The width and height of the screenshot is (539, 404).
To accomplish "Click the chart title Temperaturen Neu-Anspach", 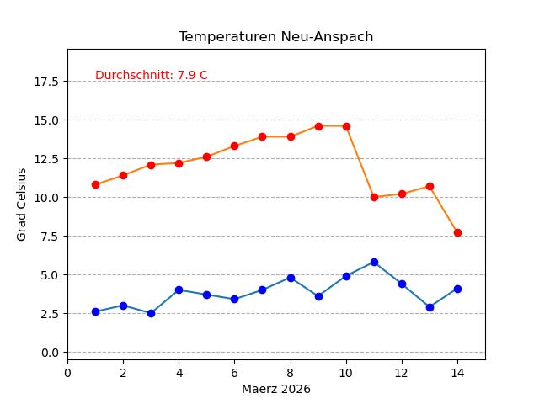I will tap(275, 37).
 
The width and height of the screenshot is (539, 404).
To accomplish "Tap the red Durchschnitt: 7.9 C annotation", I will tap(151, 76).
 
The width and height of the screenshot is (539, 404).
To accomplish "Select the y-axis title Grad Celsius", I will tap(22, 205).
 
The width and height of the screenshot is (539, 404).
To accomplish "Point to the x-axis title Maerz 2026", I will tap(275, 389).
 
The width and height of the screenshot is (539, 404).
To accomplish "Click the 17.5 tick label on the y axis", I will tap(46, 82).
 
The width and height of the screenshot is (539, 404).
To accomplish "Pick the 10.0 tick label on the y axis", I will tap(46, 198).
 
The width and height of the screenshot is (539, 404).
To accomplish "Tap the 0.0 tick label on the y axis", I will tap(50, 353).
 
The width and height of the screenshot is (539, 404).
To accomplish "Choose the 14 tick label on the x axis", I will tap(457, 372).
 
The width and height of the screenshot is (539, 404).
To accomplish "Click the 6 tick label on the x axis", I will tap(234, 372).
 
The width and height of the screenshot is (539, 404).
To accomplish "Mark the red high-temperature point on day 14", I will tap(457, 232).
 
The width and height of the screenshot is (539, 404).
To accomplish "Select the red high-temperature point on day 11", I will tap(374, 197).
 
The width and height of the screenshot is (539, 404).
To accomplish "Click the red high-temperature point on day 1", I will tap(95, 184).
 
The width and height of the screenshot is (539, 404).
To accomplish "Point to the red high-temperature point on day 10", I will tap(346, 126).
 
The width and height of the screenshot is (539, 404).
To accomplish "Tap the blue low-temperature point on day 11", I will tap(374, 262).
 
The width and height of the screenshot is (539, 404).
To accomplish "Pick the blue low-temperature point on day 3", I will tap(151, 313).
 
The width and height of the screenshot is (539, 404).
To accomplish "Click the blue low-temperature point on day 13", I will tap(430, 307).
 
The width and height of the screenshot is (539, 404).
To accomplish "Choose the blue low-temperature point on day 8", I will tap(291, 278).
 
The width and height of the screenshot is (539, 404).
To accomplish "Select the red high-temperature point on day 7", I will tap(262, 136).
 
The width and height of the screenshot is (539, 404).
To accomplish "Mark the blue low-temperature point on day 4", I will tap(179, 290).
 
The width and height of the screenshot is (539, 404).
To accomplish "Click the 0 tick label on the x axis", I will tap(67, 372).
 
